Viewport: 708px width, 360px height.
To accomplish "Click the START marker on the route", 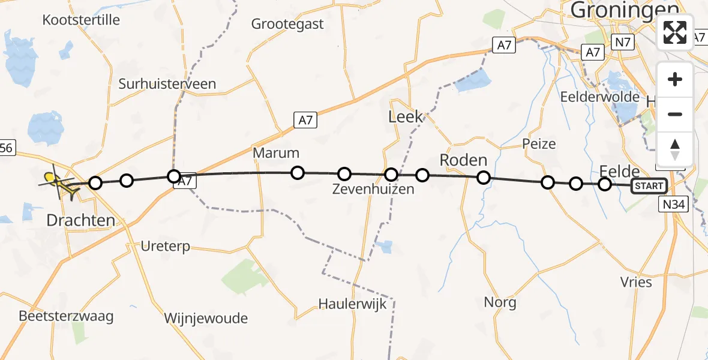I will (649, 186).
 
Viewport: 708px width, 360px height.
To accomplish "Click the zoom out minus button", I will (675, 114).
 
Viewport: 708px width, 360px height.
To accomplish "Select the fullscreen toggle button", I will (675, 32).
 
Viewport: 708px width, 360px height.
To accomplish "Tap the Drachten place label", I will (80, 220).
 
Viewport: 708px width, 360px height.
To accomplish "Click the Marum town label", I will (276, 152).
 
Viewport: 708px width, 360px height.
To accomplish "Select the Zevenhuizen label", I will (373, 190).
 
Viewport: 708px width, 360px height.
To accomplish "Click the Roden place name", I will (463, 160).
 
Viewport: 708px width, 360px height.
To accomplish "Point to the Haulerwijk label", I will (357, 303).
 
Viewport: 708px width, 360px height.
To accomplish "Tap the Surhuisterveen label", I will (167, 84).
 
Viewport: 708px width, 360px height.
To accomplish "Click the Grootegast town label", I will (287, 24).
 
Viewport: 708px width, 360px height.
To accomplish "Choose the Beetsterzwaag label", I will (66, 316).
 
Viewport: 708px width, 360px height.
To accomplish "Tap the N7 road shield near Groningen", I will (622, 43).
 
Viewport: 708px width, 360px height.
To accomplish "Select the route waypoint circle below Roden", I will (484, 178).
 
